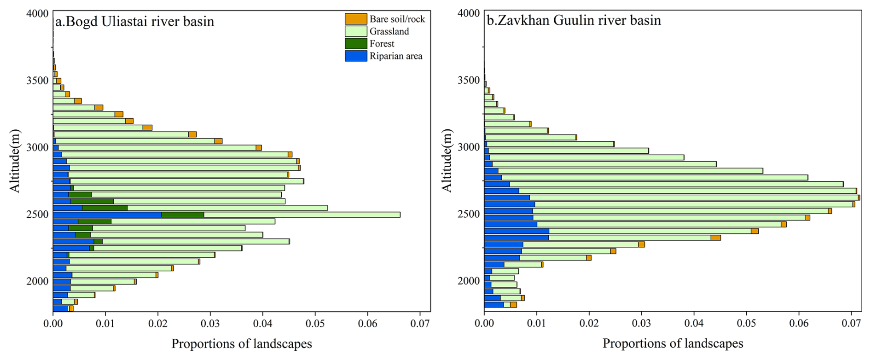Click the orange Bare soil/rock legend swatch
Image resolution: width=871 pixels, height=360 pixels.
pos(356,19)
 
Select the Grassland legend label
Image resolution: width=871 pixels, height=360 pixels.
pos(389,31)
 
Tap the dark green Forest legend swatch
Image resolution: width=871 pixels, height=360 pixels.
pos(356,44)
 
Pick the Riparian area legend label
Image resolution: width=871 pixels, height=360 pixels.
pos(395,56)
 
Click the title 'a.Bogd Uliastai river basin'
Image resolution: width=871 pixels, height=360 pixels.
pos(134,22)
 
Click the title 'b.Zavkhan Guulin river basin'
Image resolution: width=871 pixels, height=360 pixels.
pos(574,20)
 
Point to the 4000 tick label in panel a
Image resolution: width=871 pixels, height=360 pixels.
pos(38,13)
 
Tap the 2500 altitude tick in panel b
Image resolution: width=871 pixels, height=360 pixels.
pos(469,214)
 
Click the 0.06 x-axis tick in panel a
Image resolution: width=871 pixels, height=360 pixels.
pos(367,324)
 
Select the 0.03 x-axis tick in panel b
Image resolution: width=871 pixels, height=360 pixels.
pos(641,324)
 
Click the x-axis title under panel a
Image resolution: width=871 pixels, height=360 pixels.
pos(242,344)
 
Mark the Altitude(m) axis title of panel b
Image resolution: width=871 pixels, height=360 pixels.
pos(447,160)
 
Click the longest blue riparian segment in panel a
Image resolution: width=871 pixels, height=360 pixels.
pos(107,215)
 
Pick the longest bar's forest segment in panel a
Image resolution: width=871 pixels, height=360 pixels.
pos(183,215)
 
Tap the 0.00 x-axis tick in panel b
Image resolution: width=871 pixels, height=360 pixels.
pos(484,324)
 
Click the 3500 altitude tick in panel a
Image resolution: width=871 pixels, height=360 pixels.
pos(38,81)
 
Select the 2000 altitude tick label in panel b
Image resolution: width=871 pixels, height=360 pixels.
pos(469,281)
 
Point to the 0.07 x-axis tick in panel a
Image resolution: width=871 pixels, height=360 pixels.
pos(420,324)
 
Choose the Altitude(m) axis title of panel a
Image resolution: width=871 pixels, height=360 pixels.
pos(15,160)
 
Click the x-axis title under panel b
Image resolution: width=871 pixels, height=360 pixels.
pos(673,344)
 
